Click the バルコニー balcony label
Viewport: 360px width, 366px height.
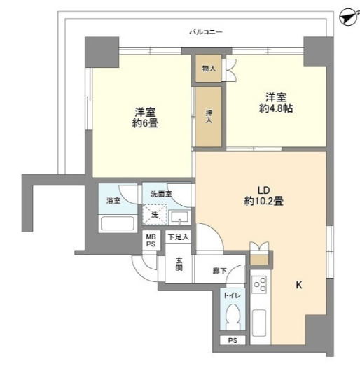[x=205, y=32]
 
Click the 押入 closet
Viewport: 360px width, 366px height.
[x=208, y=116]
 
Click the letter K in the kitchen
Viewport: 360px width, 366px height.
[x=298, y=285]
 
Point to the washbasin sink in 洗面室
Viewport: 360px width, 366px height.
[x=179, y=216]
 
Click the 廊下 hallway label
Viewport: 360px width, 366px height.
[x=219, y=270]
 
